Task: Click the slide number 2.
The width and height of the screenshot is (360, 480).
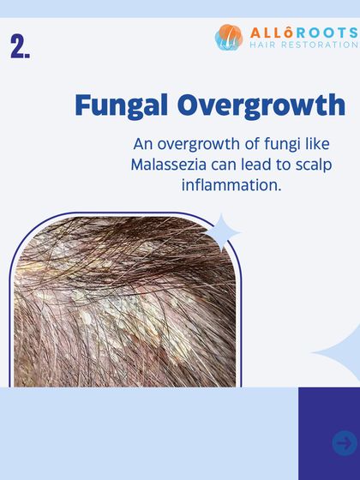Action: coord(21,46)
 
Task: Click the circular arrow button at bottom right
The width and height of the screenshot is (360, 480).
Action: coord(345,442)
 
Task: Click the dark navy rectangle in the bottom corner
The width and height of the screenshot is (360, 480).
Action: coord(328,433)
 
